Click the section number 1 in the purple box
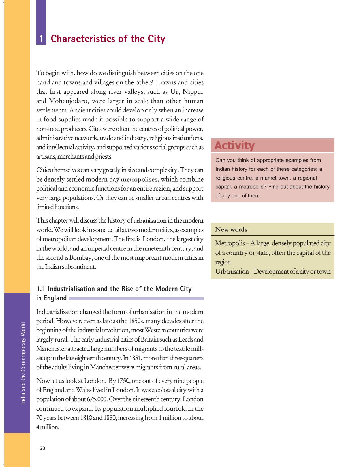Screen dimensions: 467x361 coord(41,39)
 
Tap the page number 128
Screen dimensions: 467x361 coord(41,448)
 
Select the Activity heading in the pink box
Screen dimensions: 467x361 coord(234,145)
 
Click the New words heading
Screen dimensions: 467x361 coord(231,229)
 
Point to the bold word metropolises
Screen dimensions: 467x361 coord(139,180)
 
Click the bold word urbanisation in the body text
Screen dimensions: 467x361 coord(150,221)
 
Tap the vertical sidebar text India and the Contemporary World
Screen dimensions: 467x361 coord(23,363)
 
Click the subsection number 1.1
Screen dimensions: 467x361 coord(41,289)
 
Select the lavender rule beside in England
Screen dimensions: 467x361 coord(136,298)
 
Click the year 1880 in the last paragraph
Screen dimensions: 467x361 coord(108,418)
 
